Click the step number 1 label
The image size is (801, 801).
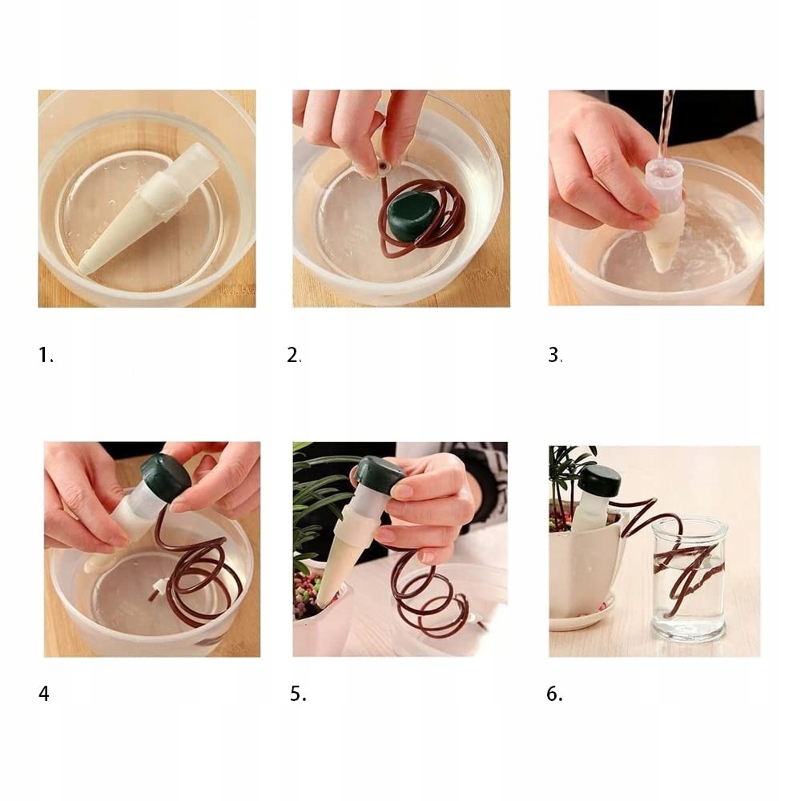coord(46,355)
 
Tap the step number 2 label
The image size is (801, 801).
coord(294,355)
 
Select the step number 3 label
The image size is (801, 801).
coord(555,355)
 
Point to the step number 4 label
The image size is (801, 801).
coord(44,694)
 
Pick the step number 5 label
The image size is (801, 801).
coord(298,694)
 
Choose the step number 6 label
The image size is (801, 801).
coord(554,694)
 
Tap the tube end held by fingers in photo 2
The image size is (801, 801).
coord(382,167)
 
